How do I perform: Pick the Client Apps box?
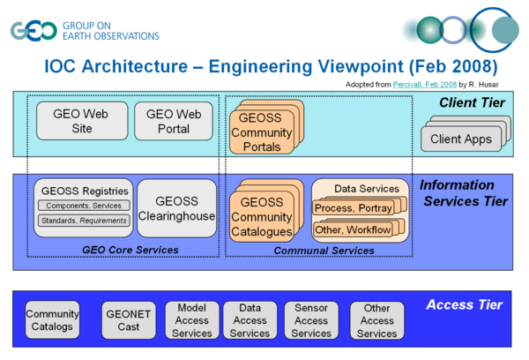pos(458,139)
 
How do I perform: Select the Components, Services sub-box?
pos(85,206)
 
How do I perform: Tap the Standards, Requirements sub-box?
pos(85,220)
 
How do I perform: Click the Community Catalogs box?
pos(52,319)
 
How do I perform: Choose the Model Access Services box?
pos(191,320)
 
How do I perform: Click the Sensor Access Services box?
pos(311,320)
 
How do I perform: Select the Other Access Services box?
pos(376,320)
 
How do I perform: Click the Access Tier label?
pos(464,304)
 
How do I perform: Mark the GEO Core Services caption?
pos(130,251)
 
